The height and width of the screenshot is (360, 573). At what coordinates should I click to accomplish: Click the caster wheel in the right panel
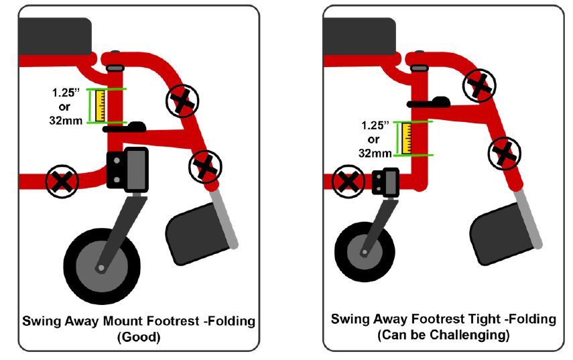pos(365,251)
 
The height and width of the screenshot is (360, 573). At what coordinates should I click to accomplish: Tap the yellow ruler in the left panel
pos(100,106)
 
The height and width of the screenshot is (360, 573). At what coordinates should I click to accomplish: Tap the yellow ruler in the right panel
pos(406,138)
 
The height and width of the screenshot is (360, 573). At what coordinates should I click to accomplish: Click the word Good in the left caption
pos(139,337)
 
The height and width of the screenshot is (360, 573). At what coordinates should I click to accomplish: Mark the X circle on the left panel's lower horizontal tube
pos(62,181)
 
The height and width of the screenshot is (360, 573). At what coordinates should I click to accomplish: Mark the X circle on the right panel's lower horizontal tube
pos(348,181)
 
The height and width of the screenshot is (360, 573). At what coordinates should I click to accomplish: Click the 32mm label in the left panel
pos(66,121)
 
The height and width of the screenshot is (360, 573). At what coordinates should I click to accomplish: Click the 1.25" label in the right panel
pos(375,125)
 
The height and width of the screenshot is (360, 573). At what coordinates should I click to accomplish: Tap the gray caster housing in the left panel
pos(137,169)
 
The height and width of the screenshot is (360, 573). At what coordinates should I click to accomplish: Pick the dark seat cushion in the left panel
pos(55,36)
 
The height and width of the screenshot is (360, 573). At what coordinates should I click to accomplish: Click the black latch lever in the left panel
pos(125,127)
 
